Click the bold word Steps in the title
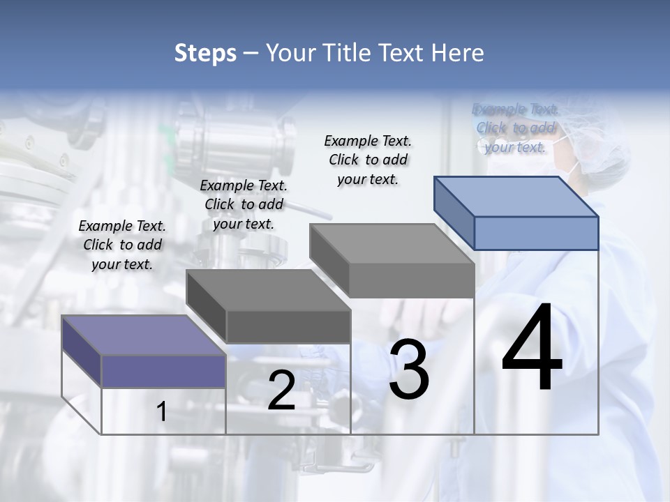[205, 53]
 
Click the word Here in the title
[458, 53]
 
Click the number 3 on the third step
[409, 370]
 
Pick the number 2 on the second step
[281, 390]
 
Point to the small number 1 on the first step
[162, 411]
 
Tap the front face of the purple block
[163, 371]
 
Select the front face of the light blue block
[536, 233]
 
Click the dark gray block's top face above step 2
[268, 290]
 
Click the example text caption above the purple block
[122, 245]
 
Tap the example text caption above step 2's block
[244, 204]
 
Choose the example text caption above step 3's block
[368, 160]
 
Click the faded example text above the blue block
[515, 128]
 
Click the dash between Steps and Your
[251, 53]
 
